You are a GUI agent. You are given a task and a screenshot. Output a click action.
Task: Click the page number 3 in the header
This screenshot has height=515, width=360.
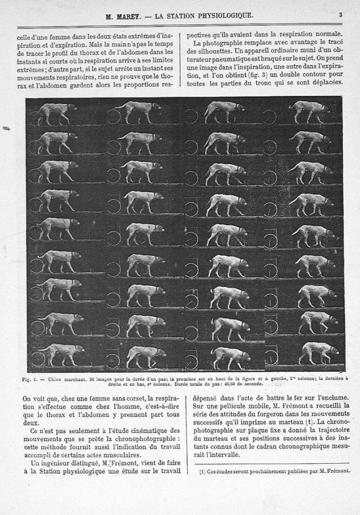tap(340, 15)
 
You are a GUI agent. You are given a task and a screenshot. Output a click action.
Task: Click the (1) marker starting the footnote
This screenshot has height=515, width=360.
tap(202, 472)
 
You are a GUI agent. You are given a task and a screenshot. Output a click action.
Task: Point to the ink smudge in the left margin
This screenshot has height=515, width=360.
tap(7, 129)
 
